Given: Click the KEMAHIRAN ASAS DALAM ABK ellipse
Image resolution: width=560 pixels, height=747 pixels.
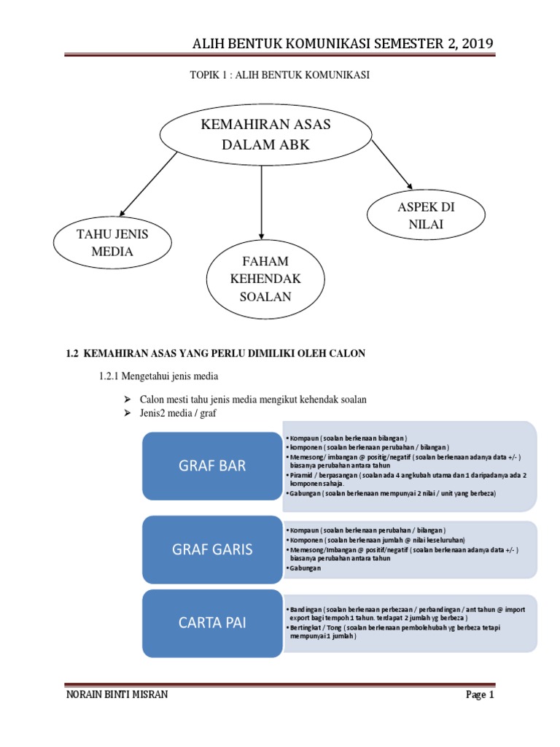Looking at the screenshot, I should pos(265,135).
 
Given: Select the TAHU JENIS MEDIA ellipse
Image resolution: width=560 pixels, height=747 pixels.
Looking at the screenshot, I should pos(112,244).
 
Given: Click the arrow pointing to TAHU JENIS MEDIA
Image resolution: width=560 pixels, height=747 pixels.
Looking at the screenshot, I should pos(149,183).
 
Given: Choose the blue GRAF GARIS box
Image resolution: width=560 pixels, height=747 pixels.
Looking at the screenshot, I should pos(212,549).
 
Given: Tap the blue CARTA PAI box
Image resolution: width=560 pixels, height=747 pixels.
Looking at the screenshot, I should pos(212,623).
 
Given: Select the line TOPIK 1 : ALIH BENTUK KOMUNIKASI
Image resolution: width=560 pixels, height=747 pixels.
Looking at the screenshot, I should pos(280,75).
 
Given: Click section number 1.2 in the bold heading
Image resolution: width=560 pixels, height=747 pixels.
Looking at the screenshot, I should pos(71,353).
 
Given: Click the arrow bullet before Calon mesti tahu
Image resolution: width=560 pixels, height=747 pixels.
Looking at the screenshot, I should pos(125,399).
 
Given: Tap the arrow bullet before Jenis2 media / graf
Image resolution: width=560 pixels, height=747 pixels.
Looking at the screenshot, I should pos(125,414).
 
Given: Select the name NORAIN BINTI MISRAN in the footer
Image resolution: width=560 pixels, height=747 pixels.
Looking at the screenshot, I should pos(117,695).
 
